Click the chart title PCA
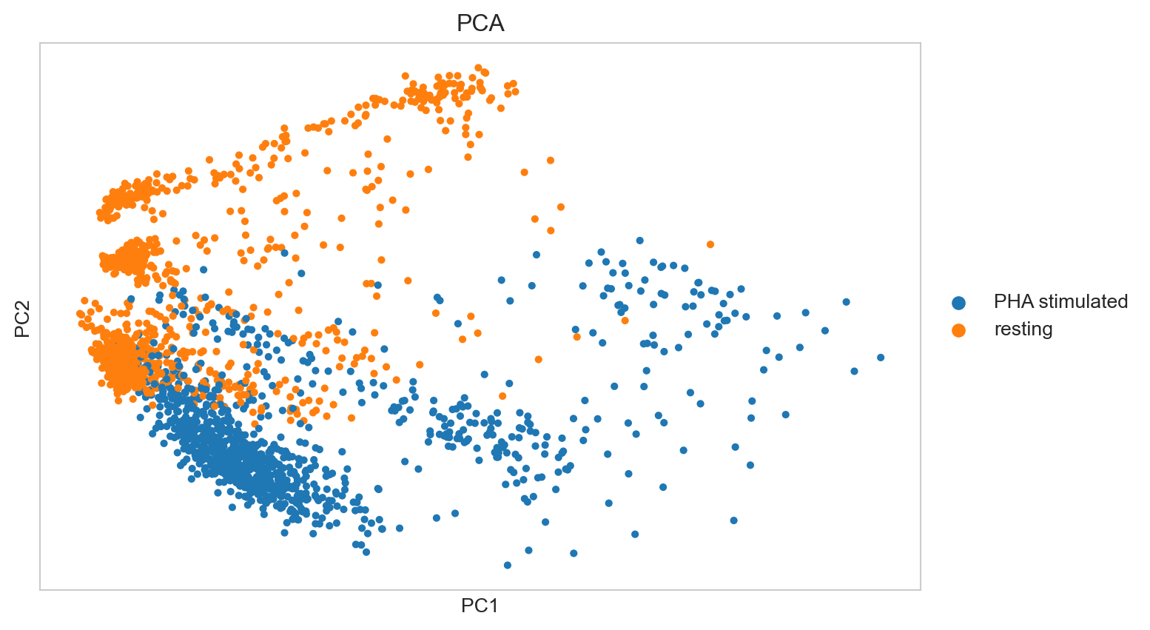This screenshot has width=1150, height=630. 480,24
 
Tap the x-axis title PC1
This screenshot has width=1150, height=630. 480,606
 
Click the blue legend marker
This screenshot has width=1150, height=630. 958,302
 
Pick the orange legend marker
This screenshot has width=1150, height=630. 958,330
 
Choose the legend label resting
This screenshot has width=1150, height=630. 1023,329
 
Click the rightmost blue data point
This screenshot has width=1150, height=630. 881,358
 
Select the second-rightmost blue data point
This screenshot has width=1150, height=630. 855,371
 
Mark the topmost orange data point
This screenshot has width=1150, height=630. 478,67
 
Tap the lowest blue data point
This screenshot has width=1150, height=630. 508,565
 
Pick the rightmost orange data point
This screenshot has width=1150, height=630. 710,244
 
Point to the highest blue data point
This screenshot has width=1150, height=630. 640,241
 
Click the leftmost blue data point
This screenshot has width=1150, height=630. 131,299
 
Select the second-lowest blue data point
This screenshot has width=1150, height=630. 574,553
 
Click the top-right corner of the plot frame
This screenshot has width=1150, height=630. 921,43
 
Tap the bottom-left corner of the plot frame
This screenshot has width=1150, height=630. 40,590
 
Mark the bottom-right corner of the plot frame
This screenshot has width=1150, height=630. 921,590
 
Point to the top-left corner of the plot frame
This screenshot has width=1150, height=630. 40,43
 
